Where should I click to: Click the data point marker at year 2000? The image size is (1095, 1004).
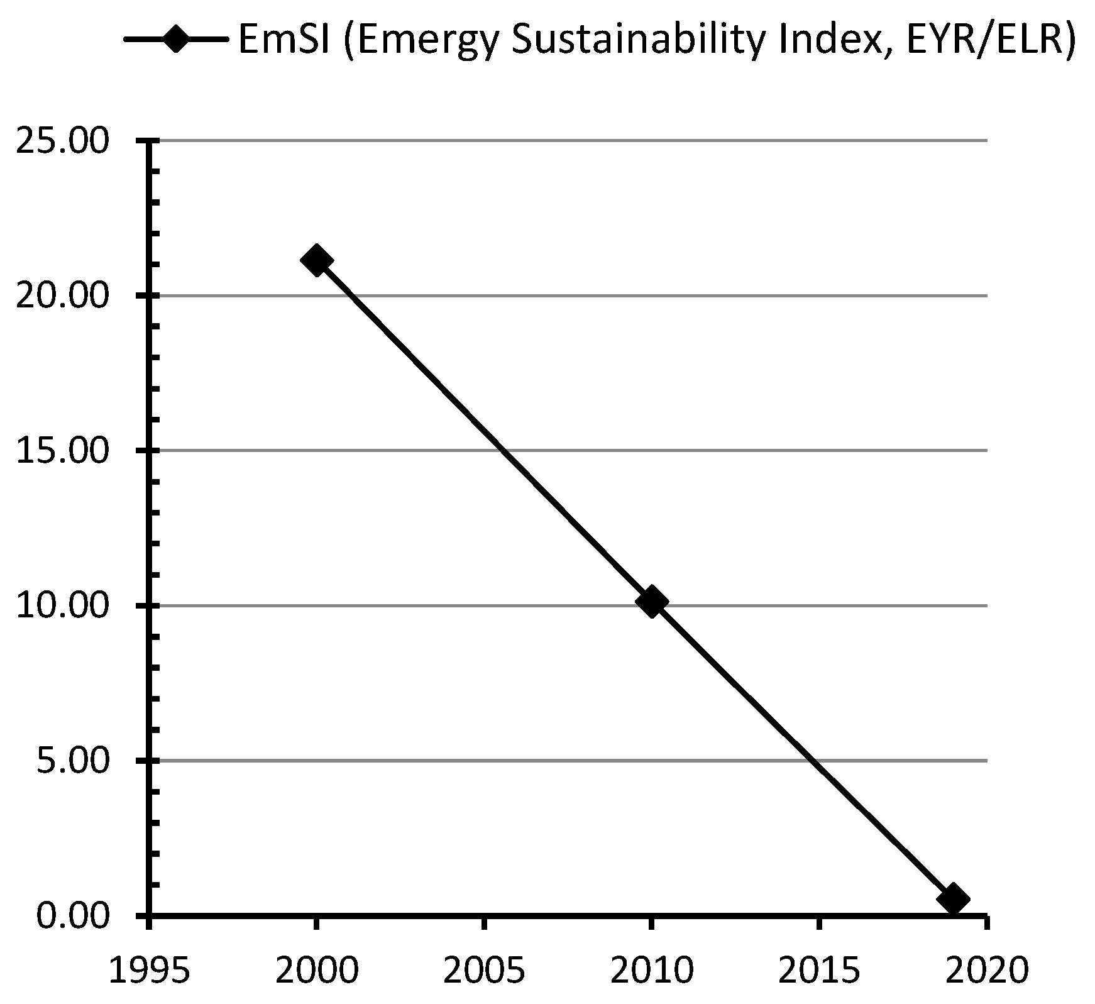click(316, 260)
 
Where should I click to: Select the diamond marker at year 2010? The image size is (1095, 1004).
click(651, 602)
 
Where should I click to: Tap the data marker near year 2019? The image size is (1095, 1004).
click(952, 898)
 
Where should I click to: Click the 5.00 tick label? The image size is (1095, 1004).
click(72, 761)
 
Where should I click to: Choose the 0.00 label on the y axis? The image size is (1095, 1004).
click(72, 916)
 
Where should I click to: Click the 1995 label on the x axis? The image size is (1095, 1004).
click(149, 970)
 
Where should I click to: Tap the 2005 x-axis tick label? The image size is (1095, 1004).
click(484, 970)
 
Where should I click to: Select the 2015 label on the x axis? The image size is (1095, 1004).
click(819, 970)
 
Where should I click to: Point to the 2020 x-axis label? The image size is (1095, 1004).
click(986, 970)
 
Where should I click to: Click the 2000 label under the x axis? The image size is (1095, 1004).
click(316, 970)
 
